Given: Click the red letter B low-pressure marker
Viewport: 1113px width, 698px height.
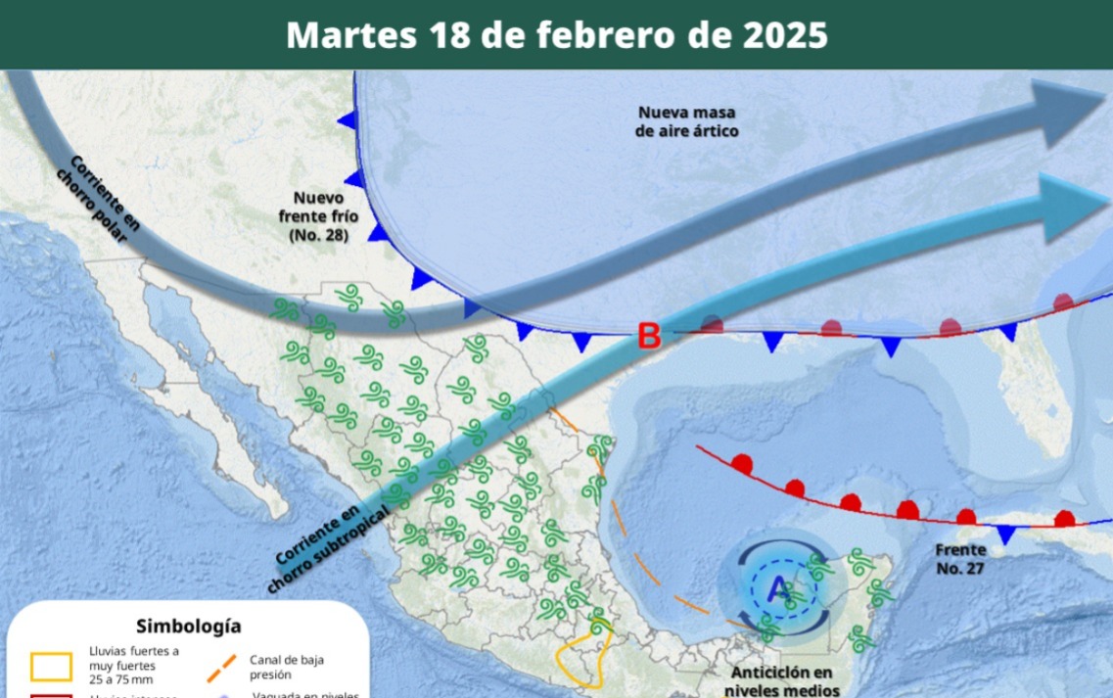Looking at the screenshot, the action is [x=649, y=337].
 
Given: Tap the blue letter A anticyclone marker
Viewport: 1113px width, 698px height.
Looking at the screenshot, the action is [x=779, y=590].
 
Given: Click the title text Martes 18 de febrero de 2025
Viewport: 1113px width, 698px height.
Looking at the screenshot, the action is [x=557, y=35].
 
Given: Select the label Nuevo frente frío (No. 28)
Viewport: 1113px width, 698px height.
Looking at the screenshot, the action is [x=320, y=215].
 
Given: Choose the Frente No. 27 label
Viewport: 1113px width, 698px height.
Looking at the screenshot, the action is [x=958, y=558].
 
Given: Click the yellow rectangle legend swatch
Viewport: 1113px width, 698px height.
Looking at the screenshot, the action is [x=51, y=666].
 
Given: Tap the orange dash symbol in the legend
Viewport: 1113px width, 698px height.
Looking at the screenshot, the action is [x=221, y=667].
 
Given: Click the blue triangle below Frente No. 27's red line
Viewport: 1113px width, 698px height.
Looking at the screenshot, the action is [x=1006, y=534].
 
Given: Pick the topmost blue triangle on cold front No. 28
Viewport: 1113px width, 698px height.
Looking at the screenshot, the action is [x=345, y=120].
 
